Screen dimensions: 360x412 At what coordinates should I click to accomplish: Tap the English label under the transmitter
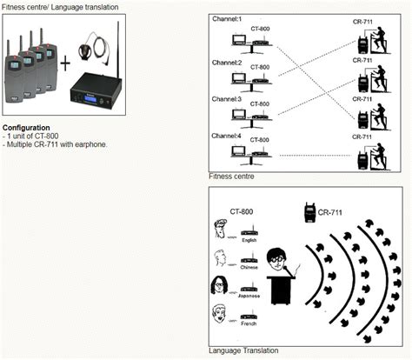coord(249,240)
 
